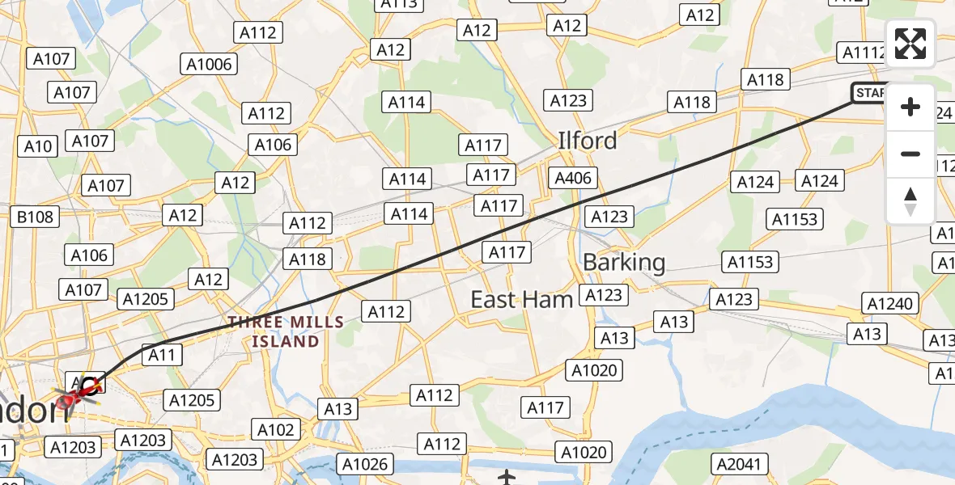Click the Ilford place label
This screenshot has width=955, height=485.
588,141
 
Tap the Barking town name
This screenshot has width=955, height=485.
624,262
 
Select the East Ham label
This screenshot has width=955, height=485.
522,300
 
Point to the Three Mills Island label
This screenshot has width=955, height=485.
286,331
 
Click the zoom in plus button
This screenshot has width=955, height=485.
910,107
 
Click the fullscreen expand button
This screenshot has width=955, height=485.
910,44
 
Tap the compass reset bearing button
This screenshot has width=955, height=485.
910,200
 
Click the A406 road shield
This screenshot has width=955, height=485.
573,178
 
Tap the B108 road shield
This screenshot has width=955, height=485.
35,217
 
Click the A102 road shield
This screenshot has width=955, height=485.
275,429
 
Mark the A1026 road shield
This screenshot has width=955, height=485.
367,464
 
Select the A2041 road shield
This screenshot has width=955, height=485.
737,464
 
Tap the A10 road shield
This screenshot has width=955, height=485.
38,146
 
